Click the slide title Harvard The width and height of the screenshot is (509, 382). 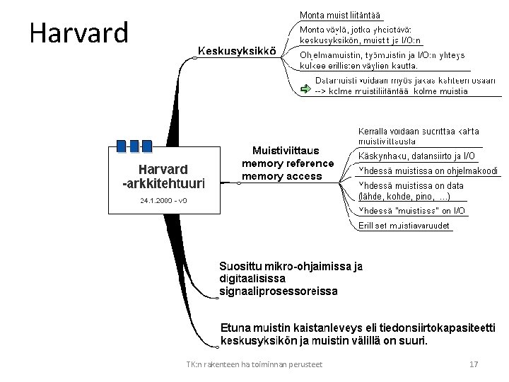(x=79, y=33)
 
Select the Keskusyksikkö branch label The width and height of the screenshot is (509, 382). (x=237, y=51)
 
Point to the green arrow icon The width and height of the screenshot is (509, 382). (x=305, y=89)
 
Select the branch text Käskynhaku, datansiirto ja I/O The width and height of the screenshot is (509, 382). (x=417, y=156)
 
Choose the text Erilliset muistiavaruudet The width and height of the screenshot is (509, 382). (x=404, y=226)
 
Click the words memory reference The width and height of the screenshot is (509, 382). (x=287, y=163)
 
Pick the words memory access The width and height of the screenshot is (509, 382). (x=281, y=176)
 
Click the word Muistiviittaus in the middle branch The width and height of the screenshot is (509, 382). (x=286, y=151)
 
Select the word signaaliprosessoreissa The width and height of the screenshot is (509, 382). (x=279, y=291)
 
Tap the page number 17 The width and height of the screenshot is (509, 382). (x=474, y=364)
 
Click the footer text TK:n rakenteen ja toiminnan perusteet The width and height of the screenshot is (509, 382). (x=254, y=364)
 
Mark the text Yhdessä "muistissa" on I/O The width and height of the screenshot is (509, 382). (x=412, y=211)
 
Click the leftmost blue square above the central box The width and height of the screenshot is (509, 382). (x=121, y=146)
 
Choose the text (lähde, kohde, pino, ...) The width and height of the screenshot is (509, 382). (x=404, y=196)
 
